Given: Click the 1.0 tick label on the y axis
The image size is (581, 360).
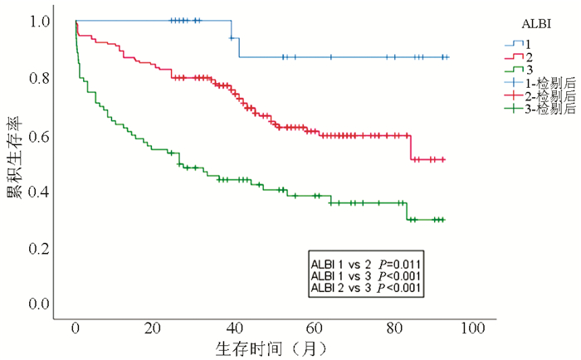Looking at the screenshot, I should [38, 21].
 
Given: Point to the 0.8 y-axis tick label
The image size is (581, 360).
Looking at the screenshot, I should [38, 78].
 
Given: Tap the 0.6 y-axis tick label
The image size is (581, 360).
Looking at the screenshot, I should [38, 135].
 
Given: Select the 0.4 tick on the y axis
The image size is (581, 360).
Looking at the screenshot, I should [38, 192].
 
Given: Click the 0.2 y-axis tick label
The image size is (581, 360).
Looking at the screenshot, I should [38, 248].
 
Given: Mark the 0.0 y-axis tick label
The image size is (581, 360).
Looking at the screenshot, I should [38, 304].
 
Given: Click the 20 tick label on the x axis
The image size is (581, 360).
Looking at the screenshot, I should [154, 328].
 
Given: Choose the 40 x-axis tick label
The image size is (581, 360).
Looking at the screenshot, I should [234, 328].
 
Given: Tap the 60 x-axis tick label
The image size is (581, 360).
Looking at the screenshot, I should [314, 328].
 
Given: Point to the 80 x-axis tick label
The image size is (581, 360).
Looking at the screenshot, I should [393, 328].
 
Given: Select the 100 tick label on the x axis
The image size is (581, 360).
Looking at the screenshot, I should [472, 328].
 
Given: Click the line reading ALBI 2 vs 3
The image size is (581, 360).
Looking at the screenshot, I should [343, 288].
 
